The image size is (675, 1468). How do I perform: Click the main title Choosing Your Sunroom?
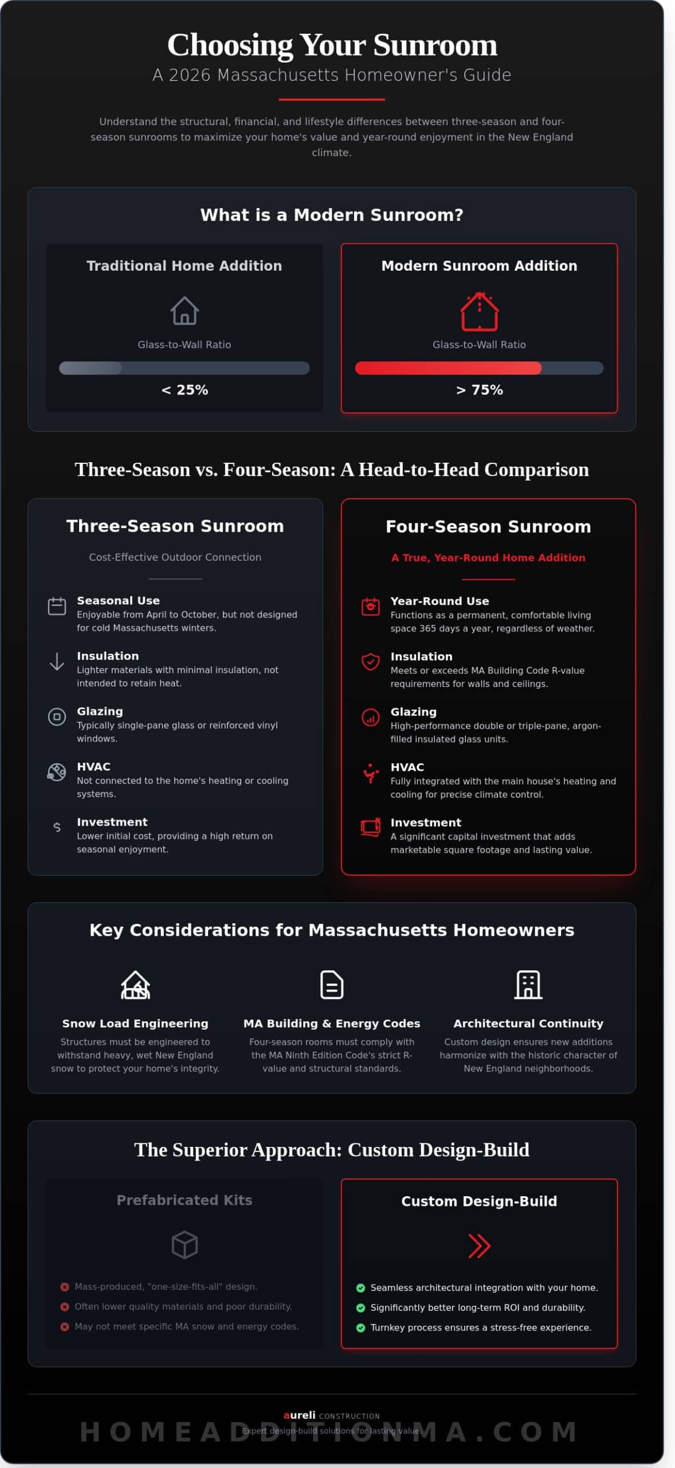(332, 45)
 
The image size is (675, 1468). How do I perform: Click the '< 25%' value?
(185, 390)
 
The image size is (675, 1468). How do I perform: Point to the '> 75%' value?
(479, 390)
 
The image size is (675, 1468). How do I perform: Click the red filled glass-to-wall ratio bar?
(448, 368)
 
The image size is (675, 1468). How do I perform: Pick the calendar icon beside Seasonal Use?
(57, 606)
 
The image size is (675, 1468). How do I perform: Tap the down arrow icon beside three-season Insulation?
(57, 661)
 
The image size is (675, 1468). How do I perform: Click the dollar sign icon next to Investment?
(57, 827)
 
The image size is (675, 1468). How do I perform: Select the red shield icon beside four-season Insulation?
(370, 662)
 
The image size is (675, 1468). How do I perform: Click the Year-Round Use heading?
(439, 601)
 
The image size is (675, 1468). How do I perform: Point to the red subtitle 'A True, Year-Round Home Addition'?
(488, 557)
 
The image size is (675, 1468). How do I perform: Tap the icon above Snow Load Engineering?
(135, 985)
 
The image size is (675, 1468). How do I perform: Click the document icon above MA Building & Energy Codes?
(332, 985)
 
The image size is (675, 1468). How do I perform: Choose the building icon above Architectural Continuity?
(528, 985)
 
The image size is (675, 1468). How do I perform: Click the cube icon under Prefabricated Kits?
(185, 1245)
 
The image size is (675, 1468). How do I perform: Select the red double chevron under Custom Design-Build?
(479, 1246)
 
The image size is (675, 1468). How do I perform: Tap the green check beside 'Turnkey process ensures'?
(360, 1328)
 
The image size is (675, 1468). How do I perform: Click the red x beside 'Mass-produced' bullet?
(65, 1287)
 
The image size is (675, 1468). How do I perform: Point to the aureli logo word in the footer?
(300, 1415)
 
